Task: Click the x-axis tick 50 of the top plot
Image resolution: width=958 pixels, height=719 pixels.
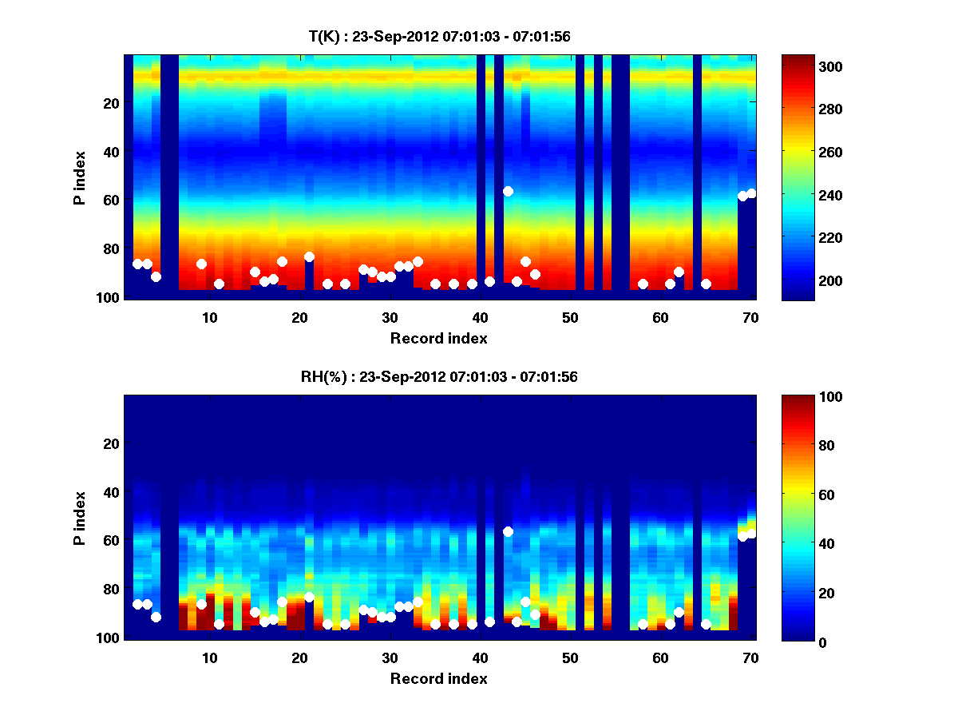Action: pos(571,317)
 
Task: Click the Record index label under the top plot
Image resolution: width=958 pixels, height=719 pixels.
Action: pos(439,338)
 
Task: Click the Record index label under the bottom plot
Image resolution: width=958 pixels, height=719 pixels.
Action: pos(439,678)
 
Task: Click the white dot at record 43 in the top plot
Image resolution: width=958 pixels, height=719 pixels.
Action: pos(508,191)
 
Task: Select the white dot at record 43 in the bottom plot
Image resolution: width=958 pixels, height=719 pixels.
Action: pos(508,531)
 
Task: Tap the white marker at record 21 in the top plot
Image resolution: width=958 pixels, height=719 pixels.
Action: pos(309,256)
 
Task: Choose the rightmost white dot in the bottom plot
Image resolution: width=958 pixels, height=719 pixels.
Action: pos(751,534)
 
